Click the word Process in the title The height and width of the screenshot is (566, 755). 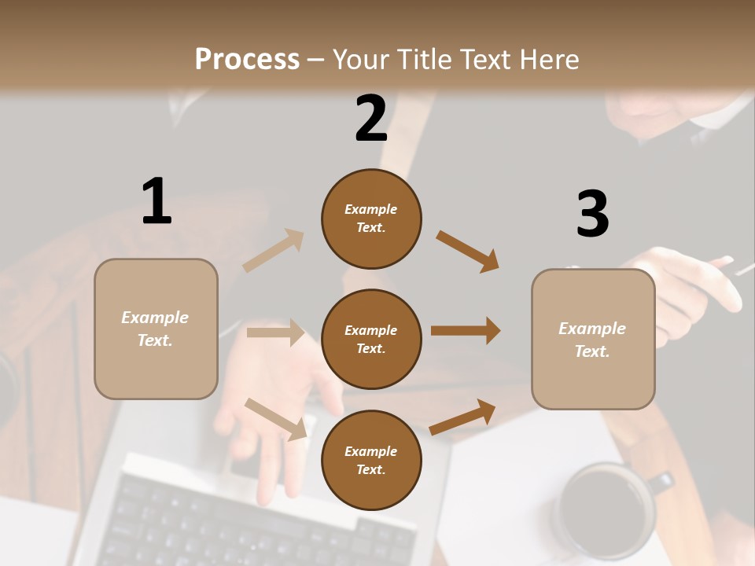(x=247, y=60)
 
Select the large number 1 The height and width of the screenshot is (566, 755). (x=157, y=201)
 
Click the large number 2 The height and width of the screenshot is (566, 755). (x=371, y=119)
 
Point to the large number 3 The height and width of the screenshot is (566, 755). (x=592, y=214)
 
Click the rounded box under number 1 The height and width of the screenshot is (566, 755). (x=156, y=329)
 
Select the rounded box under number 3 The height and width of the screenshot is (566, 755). (x=593, y=340)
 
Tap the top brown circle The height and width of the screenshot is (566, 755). (x=371, y=219)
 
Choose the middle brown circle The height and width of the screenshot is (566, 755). (x=371, y=340)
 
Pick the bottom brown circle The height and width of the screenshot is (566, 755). (x=371, y=461)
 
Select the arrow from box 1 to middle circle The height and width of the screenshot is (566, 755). (x=275, y=333)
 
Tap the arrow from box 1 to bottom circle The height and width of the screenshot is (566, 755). (x=276, y=419)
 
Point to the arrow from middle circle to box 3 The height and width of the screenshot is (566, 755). (x=466, y=331)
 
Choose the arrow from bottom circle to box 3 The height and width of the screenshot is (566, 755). (x=462, y=417)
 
